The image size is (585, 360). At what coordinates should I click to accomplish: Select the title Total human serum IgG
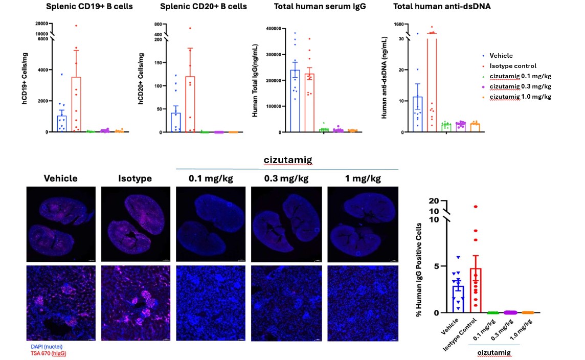pyautogui.click(x=313, y=7)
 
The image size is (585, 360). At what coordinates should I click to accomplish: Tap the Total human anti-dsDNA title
pyautogui.click(x=434, y=7)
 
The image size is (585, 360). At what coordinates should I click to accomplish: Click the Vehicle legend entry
pyautogui.click(x=501, y=56)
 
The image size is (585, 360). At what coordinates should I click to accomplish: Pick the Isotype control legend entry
pyautogui.click(x=512, y=66)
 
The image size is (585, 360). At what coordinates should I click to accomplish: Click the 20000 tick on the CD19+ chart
pyautogui.click(x=41, y=24)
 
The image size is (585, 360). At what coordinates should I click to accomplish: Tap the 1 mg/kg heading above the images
pyautogui.click(x=363, y=178)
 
